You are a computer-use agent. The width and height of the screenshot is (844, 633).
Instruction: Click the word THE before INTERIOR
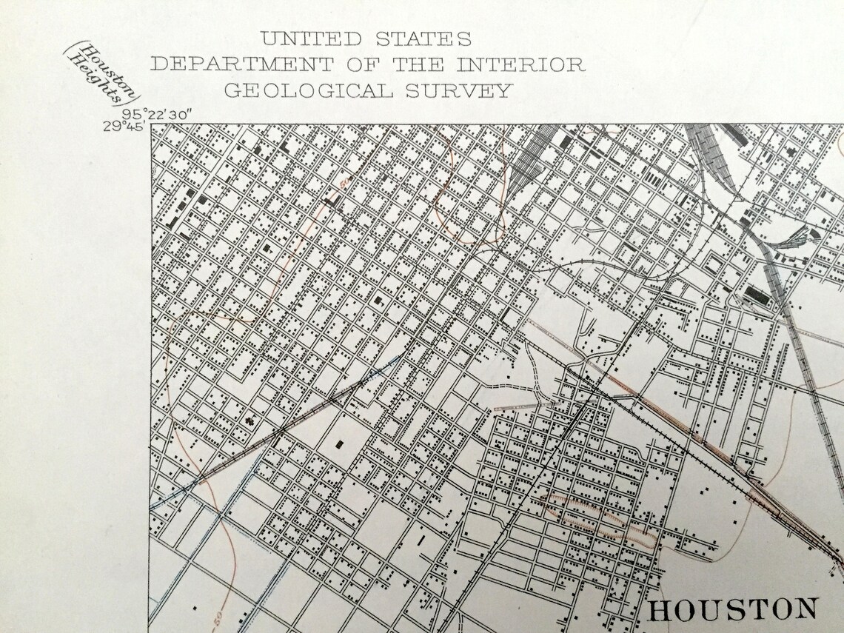click(x=418, y=64)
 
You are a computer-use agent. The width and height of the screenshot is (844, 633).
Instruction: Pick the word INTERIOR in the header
click(x=520, y=64)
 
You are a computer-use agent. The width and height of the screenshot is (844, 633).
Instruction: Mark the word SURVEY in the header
click(x=463, y=91)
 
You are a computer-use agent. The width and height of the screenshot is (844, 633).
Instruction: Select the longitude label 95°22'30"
click(x=158, y=114)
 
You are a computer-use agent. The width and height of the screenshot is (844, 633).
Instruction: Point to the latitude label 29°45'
click(x=124, y=125)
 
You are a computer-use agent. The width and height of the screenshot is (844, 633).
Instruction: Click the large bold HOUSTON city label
click(x=733, y=609)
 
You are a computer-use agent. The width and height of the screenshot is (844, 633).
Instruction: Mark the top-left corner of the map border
click(x=151, y=124)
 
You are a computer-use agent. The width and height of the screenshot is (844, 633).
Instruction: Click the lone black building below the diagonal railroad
click(x=340, y=444)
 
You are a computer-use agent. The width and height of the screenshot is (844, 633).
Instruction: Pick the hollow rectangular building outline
click(x=714, y=264)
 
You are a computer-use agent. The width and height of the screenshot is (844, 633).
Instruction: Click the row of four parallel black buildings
click(x=653, y=178)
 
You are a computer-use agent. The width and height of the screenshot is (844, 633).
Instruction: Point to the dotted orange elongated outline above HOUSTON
click(x=600, y=516)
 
